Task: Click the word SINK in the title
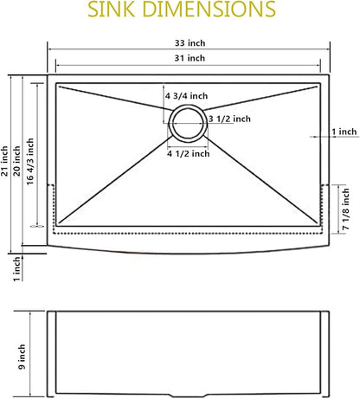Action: click(x=111, y=9)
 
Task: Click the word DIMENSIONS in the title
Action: click(x=209, y=9)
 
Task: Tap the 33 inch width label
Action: click(x=190, y=43)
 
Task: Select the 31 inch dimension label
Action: click(x=190, y=58)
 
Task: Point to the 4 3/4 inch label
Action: click(x=186, y=96)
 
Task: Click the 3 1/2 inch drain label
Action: click(x=229, y=119)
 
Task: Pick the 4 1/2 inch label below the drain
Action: click(x=189, y=153)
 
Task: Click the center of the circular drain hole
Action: click(x=188, y=124)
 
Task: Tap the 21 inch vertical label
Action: click(x=4, y=161)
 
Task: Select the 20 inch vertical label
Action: click(x=16, y=161)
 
